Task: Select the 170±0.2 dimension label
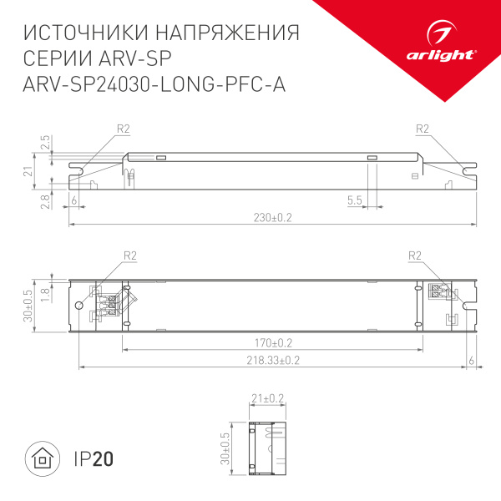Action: (x=272, y=342)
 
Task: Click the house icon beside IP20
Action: (x=41, y=458)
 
